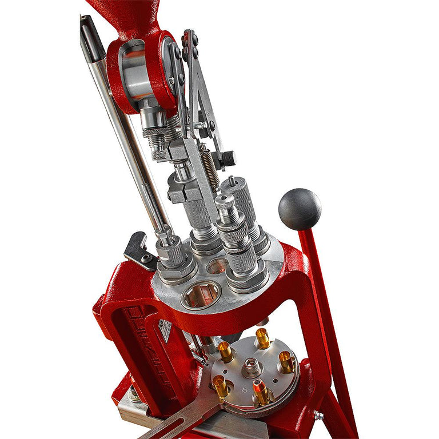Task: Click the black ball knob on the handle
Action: point(300,209)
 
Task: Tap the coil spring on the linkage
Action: point(209,167)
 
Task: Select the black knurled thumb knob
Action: point(227,158)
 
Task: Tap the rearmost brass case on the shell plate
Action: point(262,338)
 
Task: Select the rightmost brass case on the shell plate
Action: point(286,361)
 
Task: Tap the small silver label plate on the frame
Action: point(164,331)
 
